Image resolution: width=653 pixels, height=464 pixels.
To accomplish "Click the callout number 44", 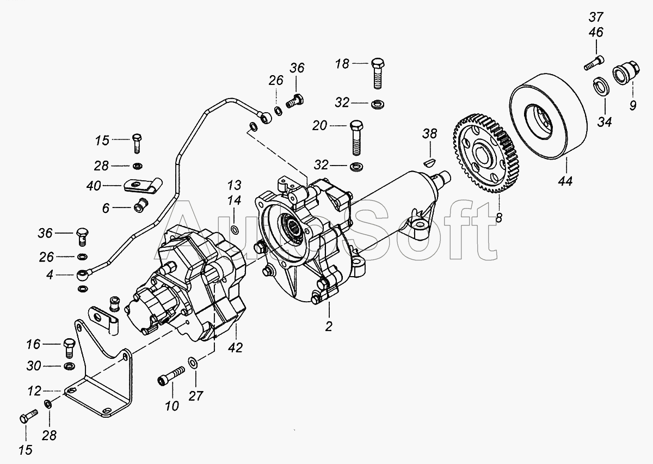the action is [x=565, y=181].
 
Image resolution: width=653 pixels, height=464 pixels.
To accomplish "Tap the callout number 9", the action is [x=632, y=105].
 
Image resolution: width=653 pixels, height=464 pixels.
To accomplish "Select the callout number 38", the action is [x=430, y=133].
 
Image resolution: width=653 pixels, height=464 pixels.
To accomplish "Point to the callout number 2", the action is [x=329, y=327].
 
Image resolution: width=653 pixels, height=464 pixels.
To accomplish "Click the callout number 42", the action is [x=235, y=347].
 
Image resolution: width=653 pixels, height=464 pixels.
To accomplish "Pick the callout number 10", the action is [x=172, y=406].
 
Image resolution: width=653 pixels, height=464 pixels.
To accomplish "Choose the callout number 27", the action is [x=195, y=396].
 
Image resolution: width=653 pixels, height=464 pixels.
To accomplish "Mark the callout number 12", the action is [x=34, y=391].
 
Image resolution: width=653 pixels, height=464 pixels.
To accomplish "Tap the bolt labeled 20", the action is [x=356, y=138].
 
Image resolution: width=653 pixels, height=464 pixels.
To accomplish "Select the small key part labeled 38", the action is [x=429, y=162].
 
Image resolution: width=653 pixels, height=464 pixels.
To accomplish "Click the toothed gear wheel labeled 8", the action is [x=485, y=154].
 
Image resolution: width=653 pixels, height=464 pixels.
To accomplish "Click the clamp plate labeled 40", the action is [x=143, y=185].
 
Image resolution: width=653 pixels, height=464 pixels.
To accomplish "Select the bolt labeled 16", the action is [x=69, y=348].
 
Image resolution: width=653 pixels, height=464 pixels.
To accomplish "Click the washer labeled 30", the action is [x=69, y=365].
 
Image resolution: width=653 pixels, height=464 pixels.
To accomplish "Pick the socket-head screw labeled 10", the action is [x=171, y=376].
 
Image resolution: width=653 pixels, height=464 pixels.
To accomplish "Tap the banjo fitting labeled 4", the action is [x=83, y=274].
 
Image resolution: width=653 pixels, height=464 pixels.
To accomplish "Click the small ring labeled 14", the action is [x=235, y=230].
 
